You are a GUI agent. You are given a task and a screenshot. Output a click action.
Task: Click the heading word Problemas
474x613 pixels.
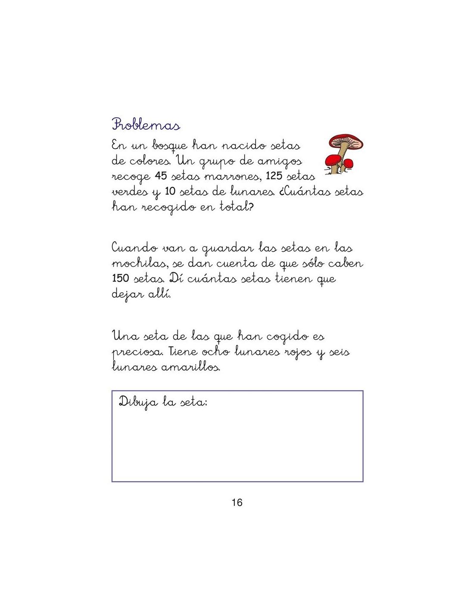(146, 125)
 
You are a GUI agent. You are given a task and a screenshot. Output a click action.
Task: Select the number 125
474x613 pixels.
(274, 176)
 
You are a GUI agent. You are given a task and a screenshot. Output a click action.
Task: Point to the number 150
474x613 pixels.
(120, 278)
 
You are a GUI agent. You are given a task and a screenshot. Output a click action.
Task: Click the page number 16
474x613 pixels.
(237, 502)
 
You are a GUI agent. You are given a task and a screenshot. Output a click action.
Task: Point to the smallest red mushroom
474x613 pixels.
(349, 163)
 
